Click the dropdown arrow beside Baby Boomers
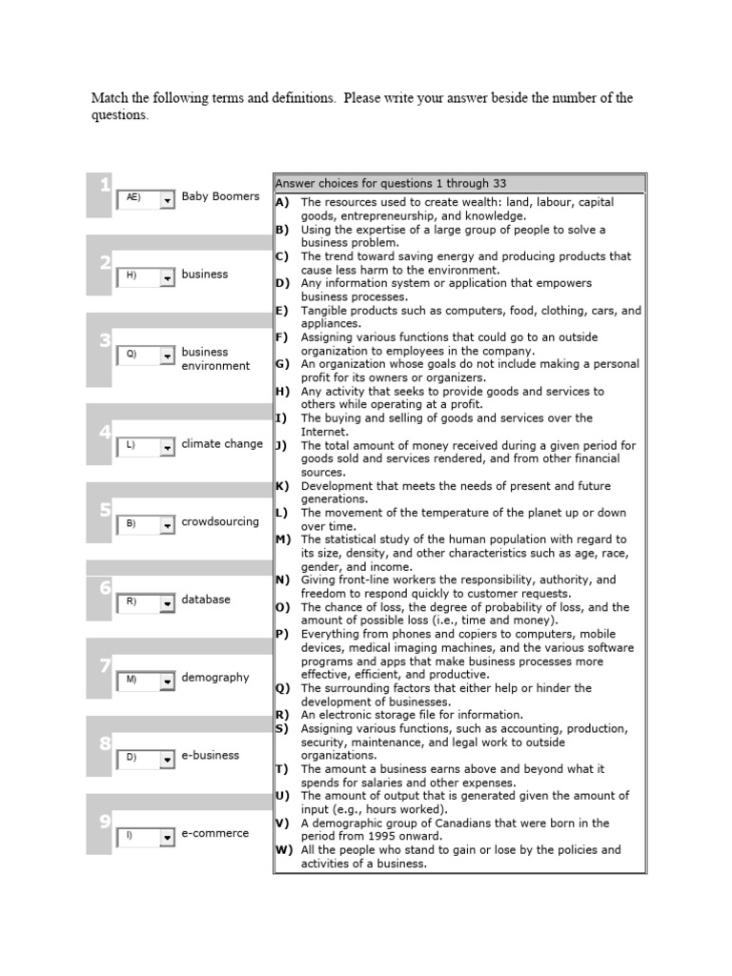[168, 199]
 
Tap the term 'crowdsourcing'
[220, 521]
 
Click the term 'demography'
[215, 678]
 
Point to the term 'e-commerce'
[215, 833]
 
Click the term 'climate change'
[222, 444]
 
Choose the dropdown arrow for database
[168, 602]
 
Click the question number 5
[105, 510]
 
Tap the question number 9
[105, 821]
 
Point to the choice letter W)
[282, 849]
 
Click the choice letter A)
[281, 202]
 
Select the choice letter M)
[282, 539]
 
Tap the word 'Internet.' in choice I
[324, 432]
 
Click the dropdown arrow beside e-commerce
[168, 836]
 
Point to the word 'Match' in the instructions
[110, 98]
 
